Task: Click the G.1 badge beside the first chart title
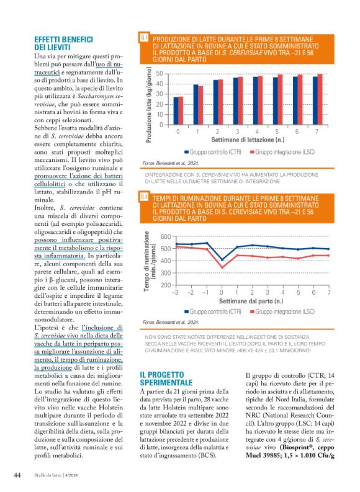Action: point(144,38)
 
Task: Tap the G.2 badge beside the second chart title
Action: point(144,197)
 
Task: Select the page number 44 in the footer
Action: point(18,476)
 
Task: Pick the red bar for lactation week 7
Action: point(320,99)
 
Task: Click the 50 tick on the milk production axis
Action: point(160,74)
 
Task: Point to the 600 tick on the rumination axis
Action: point(164,237)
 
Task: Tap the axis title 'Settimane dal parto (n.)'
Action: point(251,300)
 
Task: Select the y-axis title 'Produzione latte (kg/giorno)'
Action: point(151,99)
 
